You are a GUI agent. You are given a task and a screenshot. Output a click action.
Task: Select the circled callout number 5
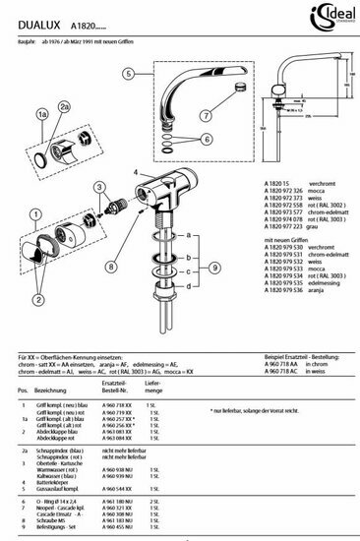coord(128,74)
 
